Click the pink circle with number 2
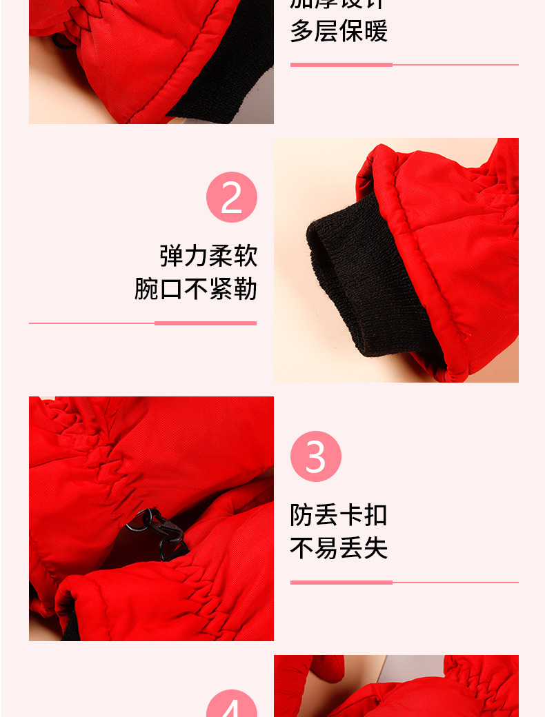[232, 197]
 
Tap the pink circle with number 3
[316, 456]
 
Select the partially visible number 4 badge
[232, 705]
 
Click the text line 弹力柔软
[208, 256]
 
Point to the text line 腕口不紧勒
[196, 289]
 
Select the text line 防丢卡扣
[339, 515]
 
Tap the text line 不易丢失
[339, 548]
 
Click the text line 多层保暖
[339, 32]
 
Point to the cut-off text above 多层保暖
[339, 3]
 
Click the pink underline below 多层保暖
[404, 65]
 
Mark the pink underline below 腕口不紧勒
[143, 323]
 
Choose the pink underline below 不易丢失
[404, 583]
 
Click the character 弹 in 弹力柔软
[172, 256]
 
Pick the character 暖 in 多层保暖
[376, 32]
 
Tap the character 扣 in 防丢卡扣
[376, 515]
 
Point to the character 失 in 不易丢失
[376, 548]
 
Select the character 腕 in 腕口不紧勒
[147, 289]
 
